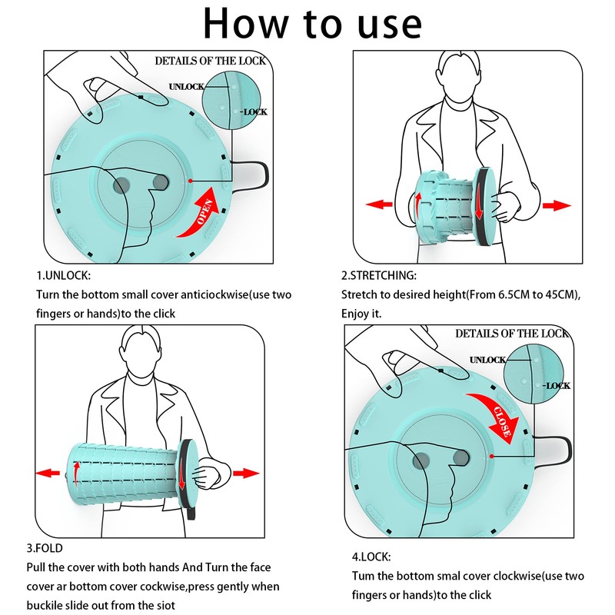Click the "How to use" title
311,23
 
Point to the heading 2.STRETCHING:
379,275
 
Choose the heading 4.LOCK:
371,556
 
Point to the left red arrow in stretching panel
378,204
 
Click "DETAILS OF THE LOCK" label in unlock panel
211,61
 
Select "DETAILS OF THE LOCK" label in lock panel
511,333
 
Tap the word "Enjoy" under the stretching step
356,314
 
